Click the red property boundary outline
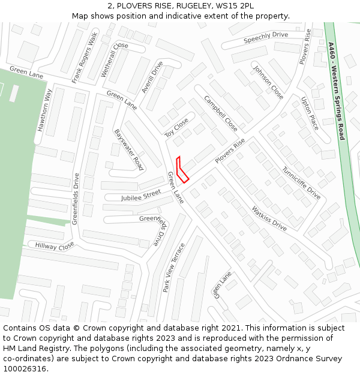(182, 170)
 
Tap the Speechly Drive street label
(266, 38)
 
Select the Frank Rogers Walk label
(85, 58)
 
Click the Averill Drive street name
(152, 77)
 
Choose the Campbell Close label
(220, 113)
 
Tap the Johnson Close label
(268, 82)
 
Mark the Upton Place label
(310, 113)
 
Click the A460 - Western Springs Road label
(336, 91)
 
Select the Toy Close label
(177, 127)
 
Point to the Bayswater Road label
(128, 149)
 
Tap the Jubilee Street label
(141, 194)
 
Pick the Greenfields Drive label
(76, 199)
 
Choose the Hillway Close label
(54, 245)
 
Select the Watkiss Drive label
(269, 218)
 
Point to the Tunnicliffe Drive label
(301, 183)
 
